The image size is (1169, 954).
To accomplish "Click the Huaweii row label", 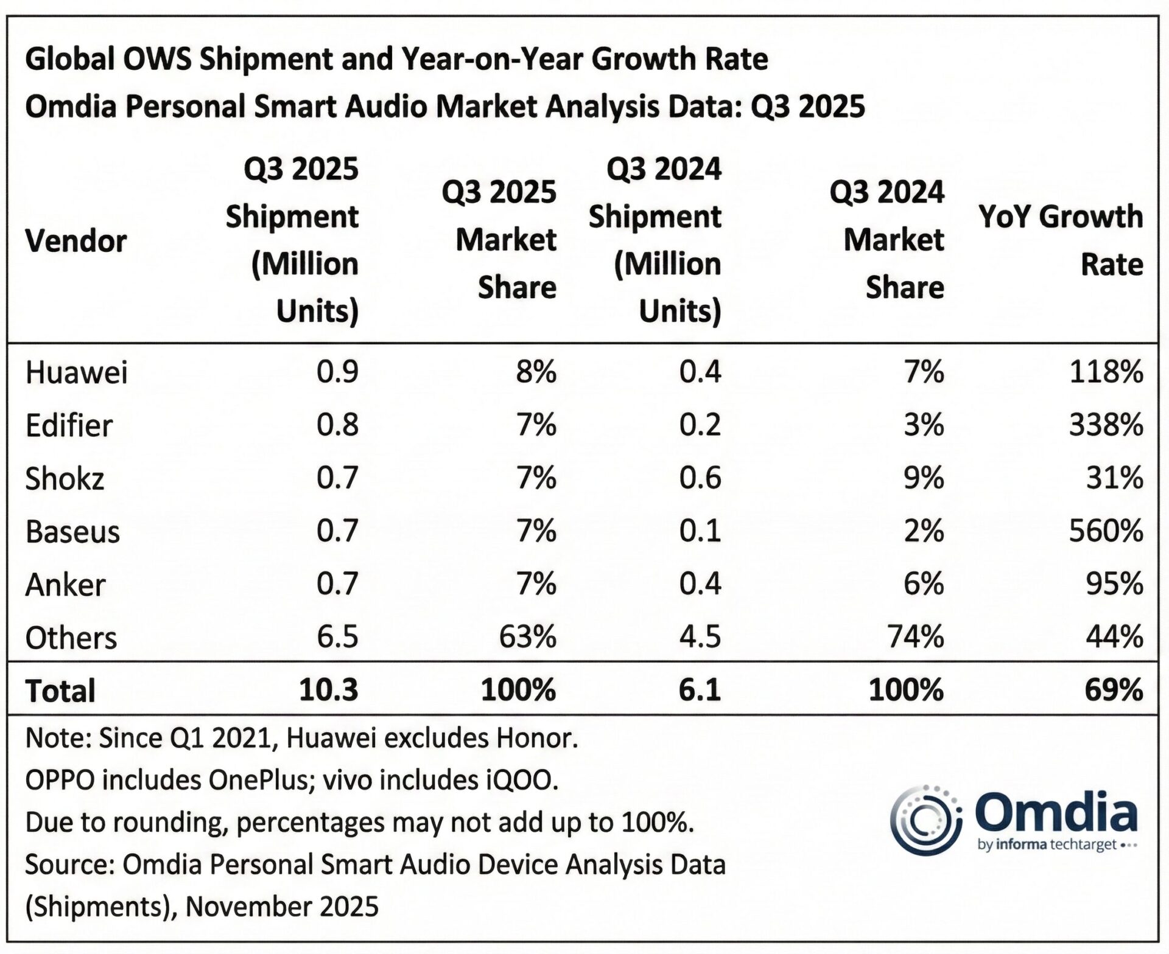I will click(x=76, y=372).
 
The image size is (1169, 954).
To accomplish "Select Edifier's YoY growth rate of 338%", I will click(x=1106, y=425).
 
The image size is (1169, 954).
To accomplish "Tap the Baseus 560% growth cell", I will click(x=1106, y=531).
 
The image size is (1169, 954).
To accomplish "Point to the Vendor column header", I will click(x=75, y=241).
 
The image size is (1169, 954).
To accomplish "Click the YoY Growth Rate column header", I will click(x=1061, y=240).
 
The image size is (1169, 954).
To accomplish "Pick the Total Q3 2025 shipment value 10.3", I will click(x=328, y=691).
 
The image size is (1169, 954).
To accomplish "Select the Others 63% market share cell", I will click(x=527, y=637).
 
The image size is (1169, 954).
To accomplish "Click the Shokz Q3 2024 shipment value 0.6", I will click(x=700, y=478).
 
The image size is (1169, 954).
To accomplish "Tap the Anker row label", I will click(x=65, y=585).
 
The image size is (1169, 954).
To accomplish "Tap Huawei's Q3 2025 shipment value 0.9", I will click(x=337, y=372).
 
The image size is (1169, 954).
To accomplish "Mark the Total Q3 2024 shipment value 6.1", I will click(x=700, y=691).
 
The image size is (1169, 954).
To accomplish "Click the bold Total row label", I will click(x=60, y=691).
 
